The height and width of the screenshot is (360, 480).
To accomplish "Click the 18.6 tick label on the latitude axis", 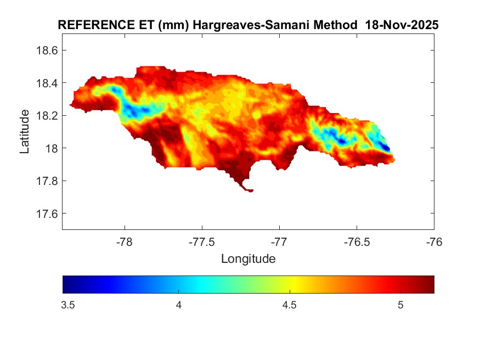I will [x=47, y=50].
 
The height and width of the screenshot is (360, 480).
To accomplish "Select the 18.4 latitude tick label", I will [x=47, y=83].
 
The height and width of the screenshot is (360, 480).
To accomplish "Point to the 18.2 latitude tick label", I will [x=47, y=116].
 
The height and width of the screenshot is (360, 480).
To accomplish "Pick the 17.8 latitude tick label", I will [x=47, y=181].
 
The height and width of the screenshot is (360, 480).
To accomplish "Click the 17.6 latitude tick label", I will [x=47, y=213].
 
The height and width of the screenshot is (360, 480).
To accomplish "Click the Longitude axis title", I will [x=248, y=258].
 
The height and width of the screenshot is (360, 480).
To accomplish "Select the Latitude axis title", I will [x=25, y=131].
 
